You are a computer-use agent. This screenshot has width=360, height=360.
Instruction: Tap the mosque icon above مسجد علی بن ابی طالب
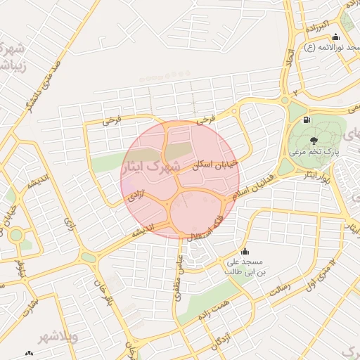[x=245, y=252]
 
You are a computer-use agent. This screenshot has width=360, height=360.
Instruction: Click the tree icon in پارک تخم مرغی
[x=314, y=140]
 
